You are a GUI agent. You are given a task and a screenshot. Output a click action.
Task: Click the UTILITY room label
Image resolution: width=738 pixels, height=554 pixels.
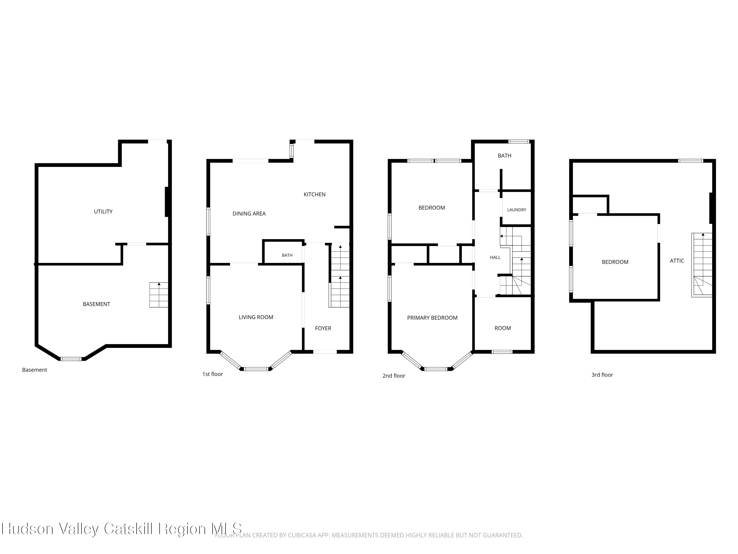[x=103, y=211]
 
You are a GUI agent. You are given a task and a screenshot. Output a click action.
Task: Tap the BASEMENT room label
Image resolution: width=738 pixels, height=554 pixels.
[x=96, y=304]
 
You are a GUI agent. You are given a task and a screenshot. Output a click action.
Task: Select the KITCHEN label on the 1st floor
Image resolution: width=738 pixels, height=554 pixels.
[x=314, y=194]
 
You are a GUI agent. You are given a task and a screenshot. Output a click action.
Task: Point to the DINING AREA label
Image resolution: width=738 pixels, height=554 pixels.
[x=249, y=214]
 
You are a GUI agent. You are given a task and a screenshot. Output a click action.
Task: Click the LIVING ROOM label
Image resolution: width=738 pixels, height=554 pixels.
[x=256, y=317]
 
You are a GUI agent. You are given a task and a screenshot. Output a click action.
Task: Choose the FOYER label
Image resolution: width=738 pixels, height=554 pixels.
[x=323, y=328]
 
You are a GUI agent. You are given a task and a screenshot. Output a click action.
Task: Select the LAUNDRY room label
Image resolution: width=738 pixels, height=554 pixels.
[x=516, y=210]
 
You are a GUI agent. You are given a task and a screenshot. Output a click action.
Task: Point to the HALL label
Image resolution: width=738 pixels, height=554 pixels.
[x=495, y=257]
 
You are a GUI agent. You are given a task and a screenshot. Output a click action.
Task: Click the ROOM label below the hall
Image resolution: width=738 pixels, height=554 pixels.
[x=502, y=328]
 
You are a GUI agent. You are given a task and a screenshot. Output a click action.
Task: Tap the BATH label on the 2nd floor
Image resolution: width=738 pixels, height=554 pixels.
[x=505, y=156]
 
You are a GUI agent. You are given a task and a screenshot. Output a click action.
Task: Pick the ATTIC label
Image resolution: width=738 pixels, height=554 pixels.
[x=677, y=261]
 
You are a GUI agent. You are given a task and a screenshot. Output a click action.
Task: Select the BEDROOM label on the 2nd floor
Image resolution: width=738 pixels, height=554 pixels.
[x=432, y=208]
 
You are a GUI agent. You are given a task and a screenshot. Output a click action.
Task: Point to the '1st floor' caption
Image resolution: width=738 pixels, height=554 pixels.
[x=213, y=374]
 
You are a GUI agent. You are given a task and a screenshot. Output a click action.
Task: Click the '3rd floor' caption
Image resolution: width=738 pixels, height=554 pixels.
[x=602, y=375]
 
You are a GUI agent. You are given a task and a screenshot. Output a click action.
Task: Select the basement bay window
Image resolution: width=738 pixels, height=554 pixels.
[x=71, y=359]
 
